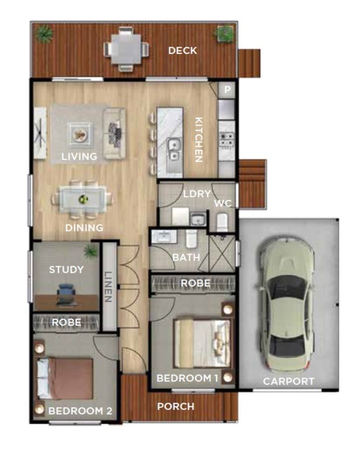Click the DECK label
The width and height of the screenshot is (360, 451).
182,50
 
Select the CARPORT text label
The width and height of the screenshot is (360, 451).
288,382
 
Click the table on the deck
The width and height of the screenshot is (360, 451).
126,49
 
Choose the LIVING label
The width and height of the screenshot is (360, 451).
79,157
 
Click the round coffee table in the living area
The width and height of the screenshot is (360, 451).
81,134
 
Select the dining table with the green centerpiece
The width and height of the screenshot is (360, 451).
83,198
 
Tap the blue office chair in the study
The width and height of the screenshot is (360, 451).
67,293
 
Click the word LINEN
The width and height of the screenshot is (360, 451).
108,286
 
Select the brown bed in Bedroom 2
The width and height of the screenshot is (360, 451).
66,379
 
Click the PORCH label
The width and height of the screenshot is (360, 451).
175,406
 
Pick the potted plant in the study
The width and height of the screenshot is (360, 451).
91,251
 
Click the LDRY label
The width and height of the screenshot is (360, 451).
197,194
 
